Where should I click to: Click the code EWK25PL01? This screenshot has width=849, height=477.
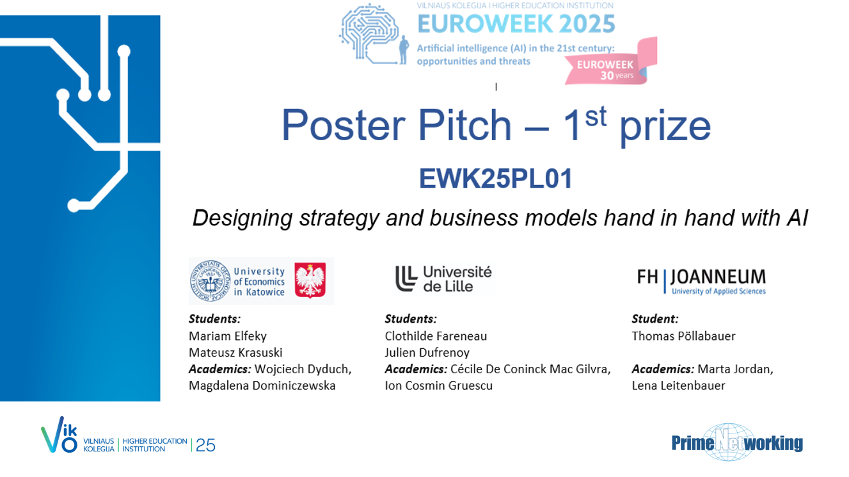coord(495,179)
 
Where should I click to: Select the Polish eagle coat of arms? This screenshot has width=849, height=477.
coord(310,280)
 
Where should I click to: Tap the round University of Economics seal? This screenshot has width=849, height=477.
coord(210,281)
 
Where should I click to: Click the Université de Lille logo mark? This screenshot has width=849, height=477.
coord(406,279)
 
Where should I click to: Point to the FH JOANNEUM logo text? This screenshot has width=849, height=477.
coord(701,281)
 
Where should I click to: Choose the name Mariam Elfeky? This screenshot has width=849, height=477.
coord(227,336)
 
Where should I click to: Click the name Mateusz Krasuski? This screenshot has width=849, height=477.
coord(235,353)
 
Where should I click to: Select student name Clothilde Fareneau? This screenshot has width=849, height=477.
coord(436,336)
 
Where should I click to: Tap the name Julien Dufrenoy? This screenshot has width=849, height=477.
coord(427,353)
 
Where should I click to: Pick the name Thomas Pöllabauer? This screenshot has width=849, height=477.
coord(683,336)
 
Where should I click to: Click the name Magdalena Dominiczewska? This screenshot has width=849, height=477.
coord(262,385)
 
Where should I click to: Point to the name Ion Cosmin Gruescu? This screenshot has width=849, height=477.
coord(438,385)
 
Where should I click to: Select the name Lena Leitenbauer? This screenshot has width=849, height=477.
coord(678,385)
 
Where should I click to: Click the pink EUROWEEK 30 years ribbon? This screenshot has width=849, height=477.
coord(610,62)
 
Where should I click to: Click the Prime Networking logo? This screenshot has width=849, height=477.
coord(737,442)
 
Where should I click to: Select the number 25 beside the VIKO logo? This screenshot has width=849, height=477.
coord(206,445)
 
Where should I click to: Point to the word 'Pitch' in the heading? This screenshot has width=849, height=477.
coord(464,125)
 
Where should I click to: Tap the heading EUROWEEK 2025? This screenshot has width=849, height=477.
coord(516,24)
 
